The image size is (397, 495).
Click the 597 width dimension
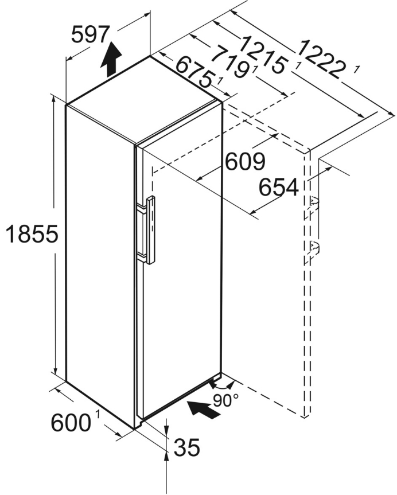(x=90, y=36)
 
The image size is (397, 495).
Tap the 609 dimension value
(x=244, y=162)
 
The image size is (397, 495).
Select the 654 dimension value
(x=279, y=187)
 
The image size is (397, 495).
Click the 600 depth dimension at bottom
(x=71, y=423)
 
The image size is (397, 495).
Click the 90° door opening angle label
(x=225, y=400)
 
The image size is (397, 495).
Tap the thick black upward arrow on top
(x=112, y=59)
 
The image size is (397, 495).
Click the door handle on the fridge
(x=150, y=229)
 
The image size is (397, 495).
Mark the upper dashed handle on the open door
(x=313, y=202)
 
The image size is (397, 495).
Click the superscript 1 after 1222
(x=357, y=70)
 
